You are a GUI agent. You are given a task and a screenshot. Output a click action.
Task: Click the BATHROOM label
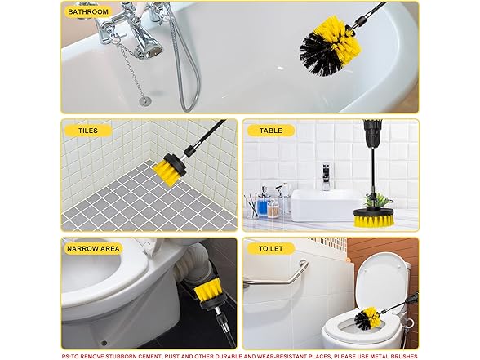point(88,12)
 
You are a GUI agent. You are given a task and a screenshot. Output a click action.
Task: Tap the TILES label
point(88,130)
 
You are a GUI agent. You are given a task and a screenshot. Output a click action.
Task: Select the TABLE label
point(271,130)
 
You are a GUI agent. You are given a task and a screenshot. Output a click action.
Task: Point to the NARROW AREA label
point(94,248)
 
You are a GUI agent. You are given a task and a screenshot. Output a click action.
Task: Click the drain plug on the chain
point(144,100)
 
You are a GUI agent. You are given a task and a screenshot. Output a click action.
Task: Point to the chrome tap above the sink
point(326,176)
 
